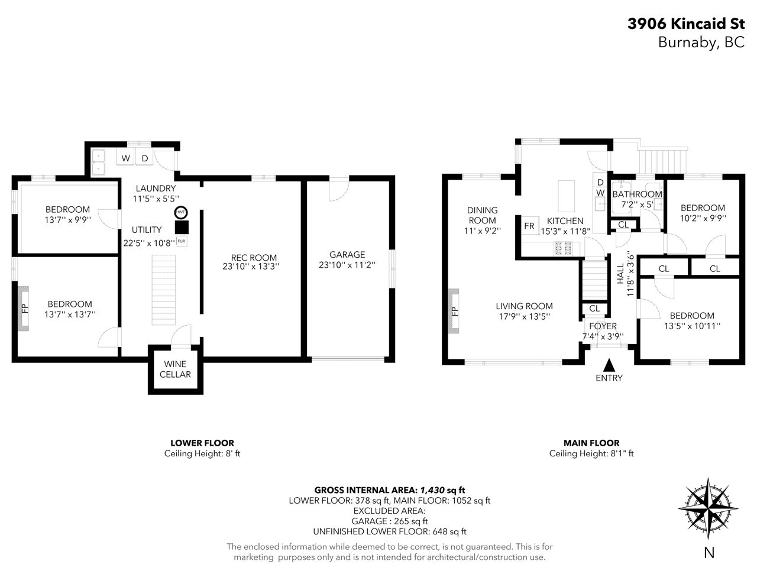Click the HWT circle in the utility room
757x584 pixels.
(x=181, y=212)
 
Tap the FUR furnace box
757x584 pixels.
(x=182, y=241)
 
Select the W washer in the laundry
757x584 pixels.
(x=125, y=158)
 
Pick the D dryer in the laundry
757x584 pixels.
(x=144, y=158)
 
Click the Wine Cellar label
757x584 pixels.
(x=175, y=369)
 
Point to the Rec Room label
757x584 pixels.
(x=254, y=258)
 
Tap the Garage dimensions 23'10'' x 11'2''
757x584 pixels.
(x=347, y=265)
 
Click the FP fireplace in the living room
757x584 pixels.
(x=454, y=311)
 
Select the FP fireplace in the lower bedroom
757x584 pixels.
(x=23, y=309)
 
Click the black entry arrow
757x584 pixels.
(x=609, y=365)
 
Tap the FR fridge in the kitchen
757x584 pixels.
(x=529, y=226)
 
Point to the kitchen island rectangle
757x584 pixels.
(x=566, y=196)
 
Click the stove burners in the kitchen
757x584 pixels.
(x=563, y=248)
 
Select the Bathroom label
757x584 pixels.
(x=637, y=194)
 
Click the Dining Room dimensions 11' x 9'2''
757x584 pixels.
(x=482, y=231)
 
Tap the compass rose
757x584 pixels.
(x=708, y=508)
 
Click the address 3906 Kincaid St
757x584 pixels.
(x=686, y=24)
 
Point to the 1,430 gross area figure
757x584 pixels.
(x=432, y=490)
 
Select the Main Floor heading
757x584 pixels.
(x=591, y=443)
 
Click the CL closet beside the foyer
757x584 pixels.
(x=594, y=309)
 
